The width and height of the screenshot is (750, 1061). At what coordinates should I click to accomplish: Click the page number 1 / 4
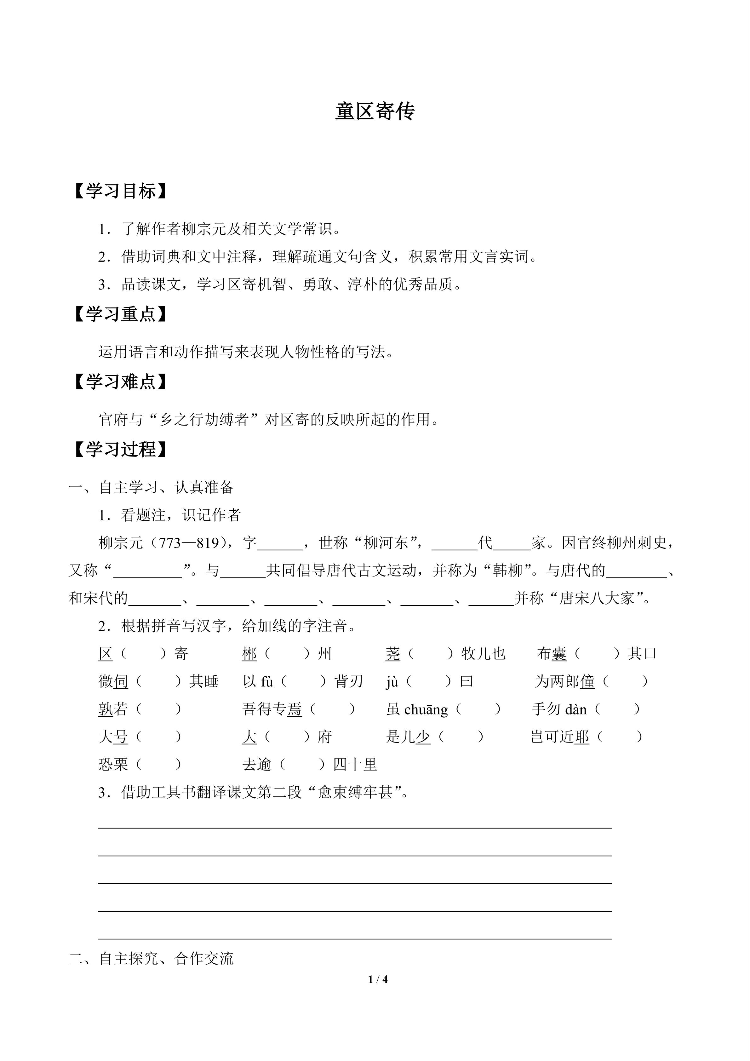coord(378,979)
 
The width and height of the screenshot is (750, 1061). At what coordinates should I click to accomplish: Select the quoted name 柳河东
coord(386,543)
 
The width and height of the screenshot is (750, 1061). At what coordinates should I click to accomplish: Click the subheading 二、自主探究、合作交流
coord(151,958)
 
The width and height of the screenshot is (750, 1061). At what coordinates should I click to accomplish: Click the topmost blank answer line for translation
coord(355,828)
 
